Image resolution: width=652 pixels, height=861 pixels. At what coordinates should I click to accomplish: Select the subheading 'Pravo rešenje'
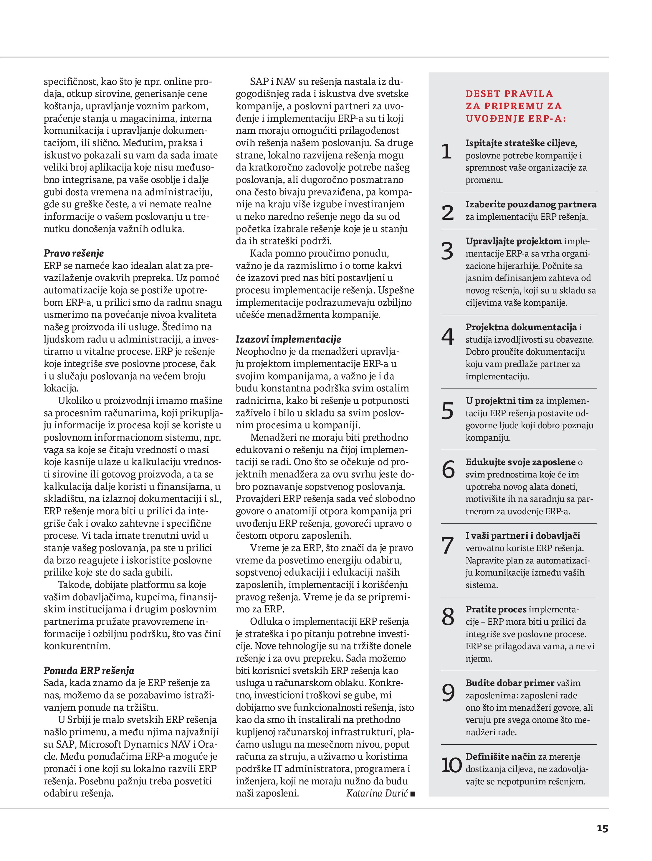click(74, 253)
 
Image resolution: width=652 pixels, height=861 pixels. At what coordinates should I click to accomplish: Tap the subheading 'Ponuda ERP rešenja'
click(89, 671)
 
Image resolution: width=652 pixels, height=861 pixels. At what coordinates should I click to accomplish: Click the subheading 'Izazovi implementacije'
click(288, 339)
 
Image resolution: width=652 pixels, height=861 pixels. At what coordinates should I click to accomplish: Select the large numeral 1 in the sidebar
click(446, 151)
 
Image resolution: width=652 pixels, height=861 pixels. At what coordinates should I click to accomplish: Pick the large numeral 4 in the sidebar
click(448, 337)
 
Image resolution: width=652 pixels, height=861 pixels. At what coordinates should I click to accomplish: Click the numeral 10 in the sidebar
click(451, 765)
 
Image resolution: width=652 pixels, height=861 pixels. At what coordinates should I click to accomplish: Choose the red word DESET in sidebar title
click(483, 94)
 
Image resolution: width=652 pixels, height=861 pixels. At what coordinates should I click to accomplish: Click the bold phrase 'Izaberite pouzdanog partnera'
click(531, 204)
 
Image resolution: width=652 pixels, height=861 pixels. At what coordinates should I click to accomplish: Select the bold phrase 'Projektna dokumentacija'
click(521, 327)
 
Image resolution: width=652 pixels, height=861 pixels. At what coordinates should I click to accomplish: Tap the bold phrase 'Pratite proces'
click(496, 609)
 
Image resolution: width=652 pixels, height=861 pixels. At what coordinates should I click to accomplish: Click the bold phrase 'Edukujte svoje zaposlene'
click(520, 462)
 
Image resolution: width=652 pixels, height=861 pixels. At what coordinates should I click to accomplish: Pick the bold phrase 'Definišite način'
click(500, 757)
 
